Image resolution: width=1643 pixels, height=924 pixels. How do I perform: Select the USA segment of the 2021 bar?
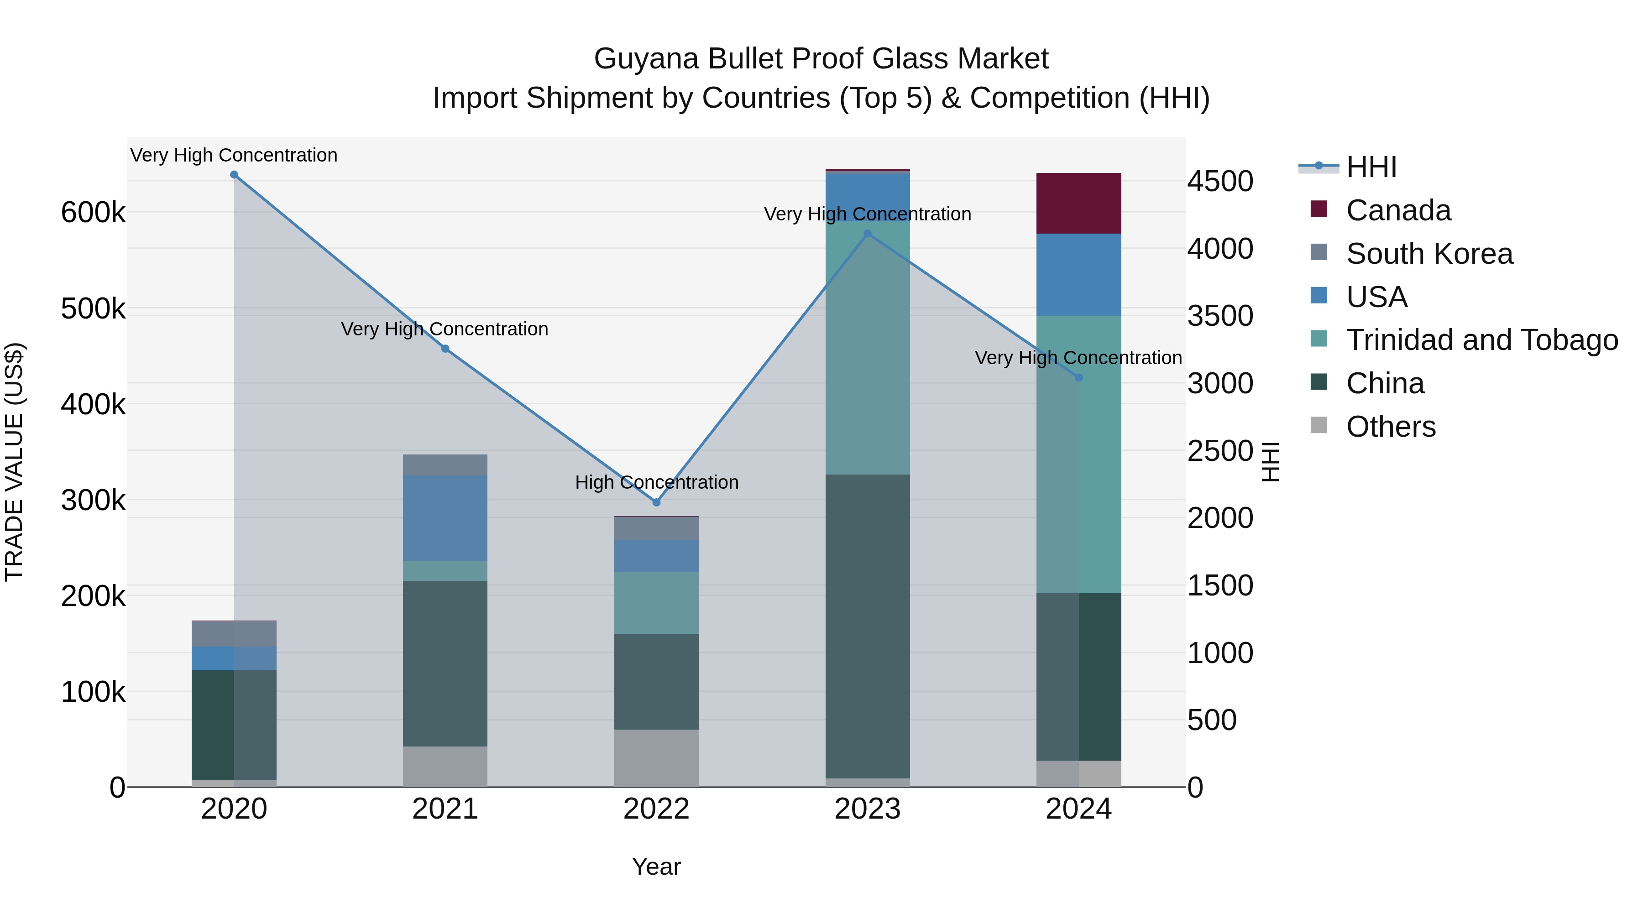(445, 518)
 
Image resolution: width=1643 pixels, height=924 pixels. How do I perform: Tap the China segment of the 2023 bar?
(868, 626)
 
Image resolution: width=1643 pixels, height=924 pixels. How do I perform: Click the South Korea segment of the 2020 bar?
(234, 633)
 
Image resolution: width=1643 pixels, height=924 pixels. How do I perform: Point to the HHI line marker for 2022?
(656, 502)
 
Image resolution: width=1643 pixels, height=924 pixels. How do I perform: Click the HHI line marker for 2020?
(234, 175)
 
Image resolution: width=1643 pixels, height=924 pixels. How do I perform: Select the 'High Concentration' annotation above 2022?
(656, 482)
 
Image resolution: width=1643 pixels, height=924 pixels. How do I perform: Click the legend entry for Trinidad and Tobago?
(1481, 340)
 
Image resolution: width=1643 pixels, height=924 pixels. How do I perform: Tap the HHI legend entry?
(1371, 167)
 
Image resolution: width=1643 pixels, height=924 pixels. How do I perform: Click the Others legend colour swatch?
(1319, 425)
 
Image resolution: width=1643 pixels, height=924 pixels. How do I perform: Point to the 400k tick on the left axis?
(93, 404)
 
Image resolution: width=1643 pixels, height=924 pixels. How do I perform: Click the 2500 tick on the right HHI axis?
(1219, 451)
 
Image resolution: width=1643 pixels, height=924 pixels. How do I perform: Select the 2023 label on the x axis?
(868, 809)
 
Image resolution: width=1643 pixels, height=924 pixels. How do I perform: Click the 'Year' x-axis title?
(656, 867)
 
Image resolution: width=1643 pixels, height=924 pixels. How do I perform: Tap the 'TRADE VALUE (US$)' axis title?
(14, 462)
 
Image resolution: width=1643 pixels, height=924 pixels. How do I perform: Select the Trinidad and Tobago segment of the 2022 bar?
(656, 603)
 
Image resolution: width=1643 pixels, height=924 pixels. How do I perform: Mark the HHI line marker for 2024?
(1078, 377)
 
